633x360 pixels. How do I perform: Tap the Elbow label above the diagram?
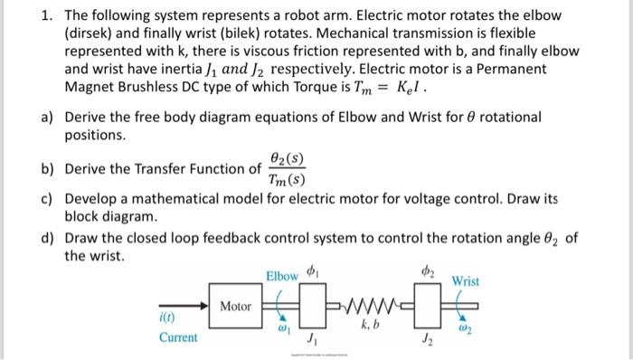pos(282,275)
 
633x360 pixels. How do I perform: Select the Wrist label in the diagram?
pos(466,281)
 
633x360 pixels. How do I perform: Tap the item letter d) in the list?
pos(46,238)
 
